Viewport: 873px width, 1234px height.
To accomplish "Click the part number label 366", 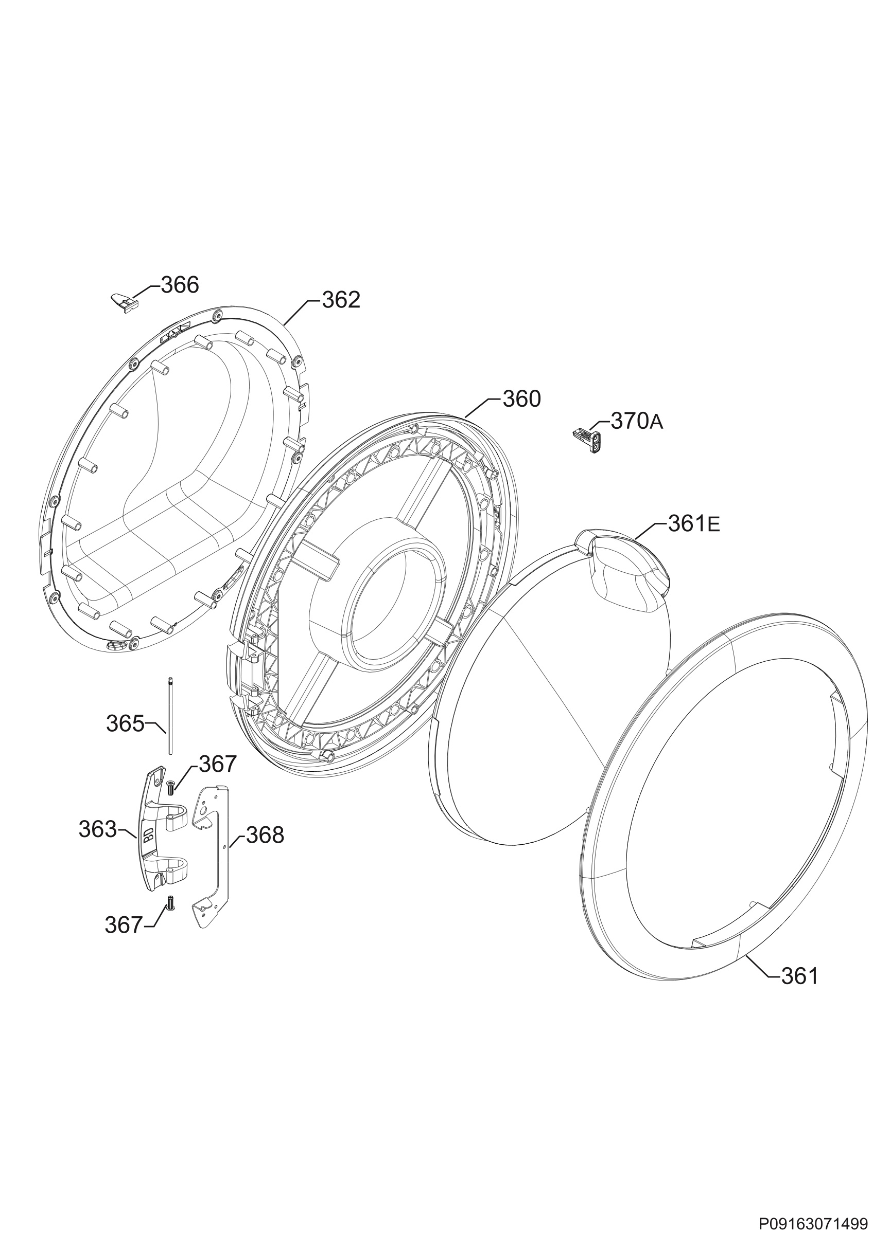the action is click(180, 285).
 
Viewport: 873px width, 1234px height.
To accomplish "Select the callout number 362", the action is click(341, 300).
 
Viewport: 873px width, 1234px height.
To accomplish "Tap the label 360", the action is click(522, 399).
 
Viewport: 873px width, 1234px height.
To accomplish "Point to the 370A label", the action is click(637, 422).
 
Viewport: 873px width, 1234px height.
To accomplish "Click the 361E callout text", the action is click(694, 523).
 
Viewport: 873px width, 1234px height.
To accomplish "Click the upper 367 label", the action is click(218, 764).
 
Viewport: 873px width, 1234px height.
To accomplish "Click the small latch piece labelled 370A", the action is click(588, 430).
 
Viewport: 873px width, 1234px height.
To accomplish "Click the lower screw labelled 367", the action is click(170, 903).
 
